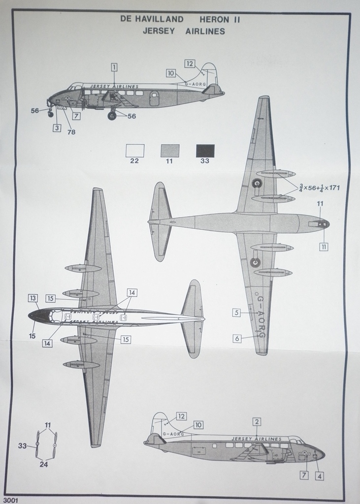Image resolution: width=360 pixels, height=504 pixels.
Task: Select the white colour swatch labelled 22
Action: (x=134, y=151)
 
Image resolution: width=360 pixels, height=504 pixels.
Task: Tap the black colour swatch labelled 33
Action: (x=205, y=151)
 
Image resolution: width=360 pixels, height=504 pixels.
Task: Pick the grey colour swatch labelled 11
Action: (x=169, y=151)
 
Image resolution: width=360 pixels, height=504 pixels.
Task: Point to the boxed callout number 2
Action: (x=257, y=421)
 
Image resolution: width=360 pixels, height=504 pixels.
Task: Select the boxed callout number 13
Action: (x=33, y=298)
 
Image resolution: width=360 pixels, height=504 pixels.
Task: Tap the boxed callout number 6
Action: (x=237, y=339)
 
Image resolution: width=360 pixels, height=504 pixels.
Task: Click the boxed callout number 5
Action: (x=236, y=313)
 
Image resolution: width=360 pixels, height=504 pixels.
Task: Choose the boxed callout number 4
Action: (x=320, y=476)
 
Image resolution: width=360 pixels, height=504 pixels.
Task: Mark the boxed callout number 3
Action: (x=57, y=128)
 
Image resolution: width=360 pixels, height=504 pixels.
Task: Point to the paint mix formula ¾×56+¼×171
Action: (x=319, y=188)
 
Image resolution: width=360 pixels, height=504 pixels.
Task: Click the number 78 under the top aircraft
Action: (x=71, y=132)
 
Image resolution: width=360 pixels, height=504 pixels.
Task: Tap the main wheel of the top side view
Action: (x=112, y=116)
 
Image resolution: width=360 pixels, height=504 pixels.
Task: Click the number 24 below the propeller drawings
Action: (x=44, y=464)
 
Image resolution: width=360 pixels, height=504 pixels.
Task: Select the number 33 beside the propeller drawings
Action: (x=22, y=446)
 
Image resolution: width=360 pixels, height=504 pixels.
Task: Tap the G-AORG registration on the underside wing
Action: (x=261, y=317)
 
